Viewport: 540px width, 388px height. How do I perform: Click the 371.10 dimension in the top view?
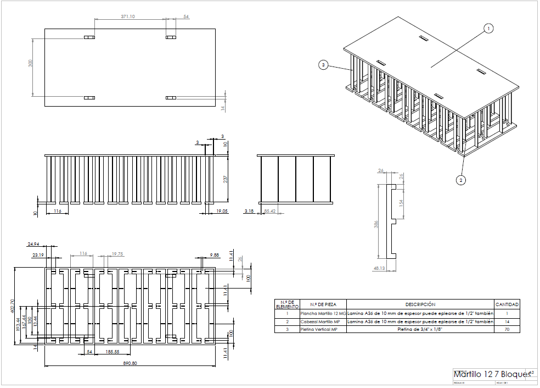tap(128, 17)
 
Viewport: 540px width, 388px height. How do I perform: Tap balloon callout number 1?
tap(488, 28)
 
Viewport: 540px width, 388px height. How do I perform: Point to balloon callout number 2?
tap(460, 179)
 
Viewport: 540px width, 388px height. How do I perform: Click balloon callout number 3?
tap(324, 65)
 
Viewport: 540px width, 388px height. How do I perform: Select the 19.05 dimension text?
tap(222, 211)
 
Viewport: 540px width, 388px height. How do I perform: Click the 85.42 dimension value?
tap(270, 211)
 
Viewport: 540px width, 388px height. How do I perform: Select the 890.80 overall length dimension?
tap(130, 363)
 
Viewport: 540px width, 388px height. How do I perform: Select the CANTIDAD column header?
tap(507, 304)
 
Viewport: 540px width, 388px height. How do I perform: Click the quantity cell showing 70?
tap(507, 329)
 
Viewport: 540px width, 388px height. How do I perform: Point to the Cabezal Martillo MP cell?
tap(320, 321)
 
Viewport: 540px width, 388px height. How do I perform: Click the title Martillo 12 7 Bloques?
tap(492, 374)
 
